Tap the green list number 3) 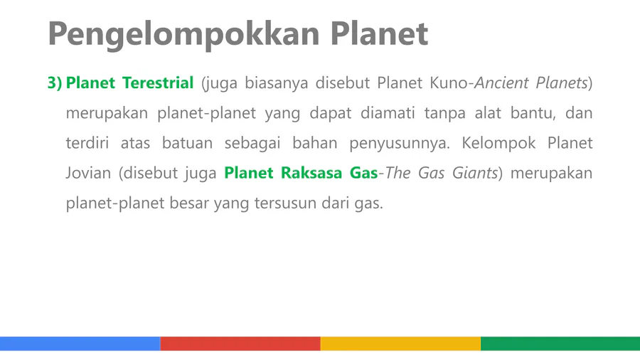click(x=55, y=83)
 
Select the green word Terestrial click(x=158, y=83)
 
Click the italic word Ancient click(x=500, y=83)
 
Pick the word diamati click(x=388, y=113)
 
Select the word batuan click(x=187, y=143)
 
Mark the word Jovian click(x=88, y=173)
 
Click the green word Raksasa click(x=311, y=173)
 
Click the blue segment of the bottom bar click(x=80, y=344)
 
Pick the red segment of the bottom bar click(x=240, y=344)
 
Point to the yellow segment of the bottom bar click(x=400, y=344)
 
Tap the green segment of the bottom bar click(x=560, y=344)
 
